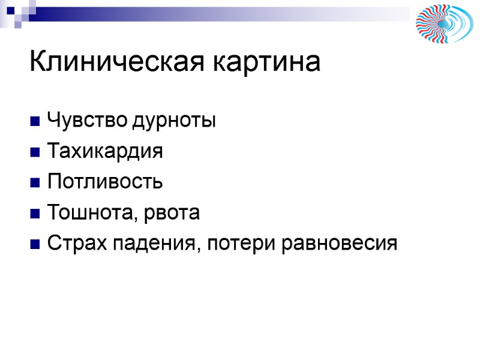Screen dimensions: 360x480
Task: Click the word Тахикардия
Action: click(104, 151)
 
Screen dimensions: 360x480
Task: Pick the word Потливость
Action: click(104, 182)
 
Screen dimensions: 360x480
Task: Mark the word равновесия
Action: click(339, 244)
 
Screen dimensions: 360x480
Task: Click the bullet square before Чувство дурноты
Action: click(34, 122)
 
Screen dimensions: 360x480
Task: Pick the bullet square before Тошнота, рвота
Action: click(34, 214)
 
